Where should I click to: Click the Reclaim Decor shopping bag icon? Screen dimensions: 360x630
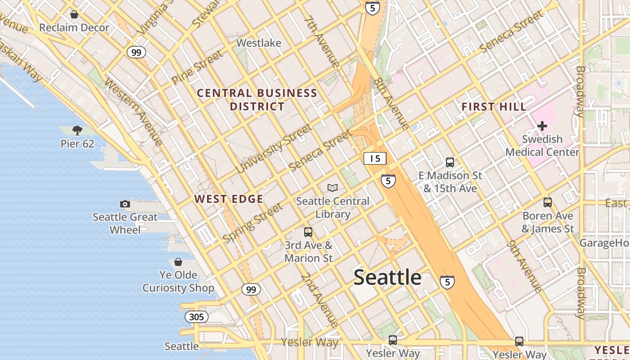(x=74, y=14)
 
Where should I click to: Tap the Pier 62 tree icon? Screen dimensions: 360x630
(x=77, y=130)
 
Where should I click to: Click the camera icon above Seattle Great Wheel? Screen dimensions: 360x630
(x=125, y=204)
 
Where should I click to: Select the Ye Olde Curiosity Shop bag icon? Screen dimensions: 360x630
(x=178, y=262)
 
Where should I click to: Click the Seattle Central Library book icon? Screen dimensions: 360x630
(x=333, y=188)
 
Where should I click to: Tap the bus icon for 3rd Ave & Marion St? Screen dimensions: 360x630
(x=308, y=232)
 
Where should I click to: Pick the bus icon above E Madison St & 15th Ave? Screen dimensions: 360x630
(x=450, y=162)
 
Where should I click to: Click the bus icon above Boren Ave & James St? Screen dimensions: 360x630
(x=547, y=202)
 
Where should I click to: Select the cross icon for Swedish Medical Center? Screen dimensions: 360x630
(x=542, y=126)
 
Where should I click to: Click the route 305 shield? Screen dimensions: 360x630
(x=196, y=317)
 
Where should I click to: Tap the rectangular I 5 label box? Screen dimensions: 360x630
(x=375, y=158)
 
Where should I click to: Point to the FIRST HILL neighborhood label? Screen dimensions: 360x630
(x=494, y=107)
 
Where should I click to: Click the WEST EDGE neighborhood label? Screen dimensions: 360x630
(x=229, y=199)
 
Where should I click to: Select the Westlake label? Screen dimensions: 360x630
(x=259, y=43)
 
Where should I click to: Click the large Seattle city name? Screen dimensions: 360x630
(x=387, y=277)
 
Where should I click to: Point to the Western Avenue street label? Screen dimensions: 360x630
(x=133, y=112)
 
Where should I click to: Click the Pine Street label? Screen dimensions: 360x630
(x=197, y=67)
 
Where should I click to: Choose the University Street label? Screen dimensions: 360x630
(x=274, y=149)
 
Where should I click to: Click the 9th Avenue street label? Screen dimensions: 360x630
(x=525, y=265)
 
